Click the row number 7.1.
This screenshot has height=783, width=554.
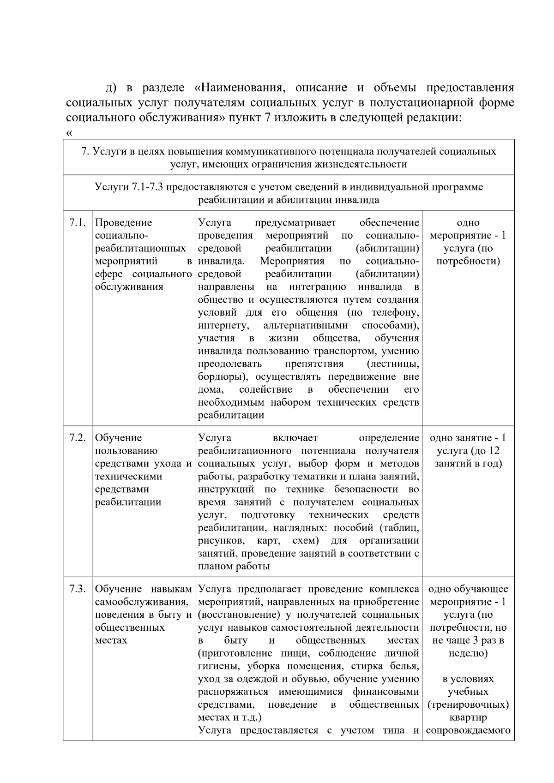[x=78, y=223]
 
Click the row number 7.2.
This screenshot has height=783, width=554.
[x=78, y=438]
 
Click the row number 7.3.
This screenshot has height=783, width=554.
[x=78, y=589]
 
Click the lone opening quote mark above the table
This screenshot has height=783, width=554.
[x=69, y=133]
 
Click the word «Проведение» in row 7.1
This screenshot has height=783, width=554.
[x=123, y=223]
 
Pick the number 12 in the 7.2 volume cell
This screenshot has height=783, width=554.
[x=494, y=451]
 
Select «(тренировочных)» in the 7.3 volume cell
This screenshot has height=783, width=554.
[x=468, y=705]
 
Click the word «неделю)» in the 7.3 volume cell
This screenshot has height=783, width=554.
[x=468, y=653]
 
